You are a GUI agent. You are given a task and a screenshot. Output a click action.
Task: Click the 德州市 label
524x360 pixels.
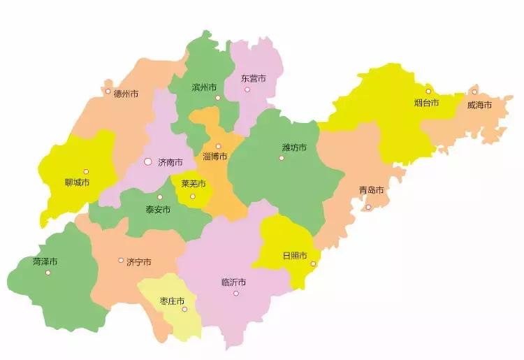[126, 94]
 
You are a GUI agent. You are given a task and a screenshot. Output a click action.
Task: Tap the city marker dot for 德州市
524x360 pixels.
[108, 92]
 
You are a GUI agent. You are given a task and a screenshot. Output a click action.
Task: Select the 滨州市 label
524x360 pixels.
[204, 88]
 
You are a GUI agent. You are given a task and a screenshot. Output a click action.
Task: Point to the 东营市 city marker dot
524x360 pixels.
[247, 90]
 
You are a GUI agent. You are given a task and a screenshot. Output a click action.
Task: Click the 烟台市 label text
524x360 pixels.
[426, 103]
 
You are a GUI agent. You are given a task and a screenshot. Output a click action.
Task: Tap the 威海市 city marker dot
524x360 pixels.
[474, 92]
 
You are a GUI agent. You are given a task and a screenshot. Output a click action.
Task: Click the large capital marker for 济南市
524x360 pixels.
[147, 161]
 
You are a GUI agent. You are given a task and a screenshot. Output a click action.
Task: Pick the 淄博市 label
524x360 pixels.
[215, 156]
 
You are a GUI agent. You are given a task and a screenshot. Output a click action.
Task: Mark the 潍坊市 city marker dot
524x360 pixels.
[282, 158]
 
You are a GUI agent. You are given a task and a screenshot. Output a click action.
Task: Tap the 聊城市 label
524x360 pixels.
[77, 182]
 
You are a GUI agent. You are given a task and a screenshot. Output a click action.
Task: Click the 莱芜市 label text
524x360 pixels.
[194, 185]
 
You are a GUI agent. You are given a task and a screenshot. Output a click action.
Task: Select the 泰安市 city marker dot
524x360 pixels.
[160, 197]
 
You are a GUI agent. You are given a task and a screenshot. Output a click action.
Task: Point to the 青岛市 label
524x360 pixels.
[372, 190]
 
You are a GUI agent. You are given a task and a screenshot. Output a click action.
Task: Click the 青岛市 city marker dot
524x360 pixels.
[368, 207]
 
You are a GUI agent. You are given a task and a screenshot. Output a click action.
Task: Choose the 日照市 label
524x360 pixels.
[294, 256]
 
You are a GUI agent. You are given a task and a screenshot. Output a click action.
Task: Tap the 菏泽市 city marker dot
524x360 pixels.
[48, 273]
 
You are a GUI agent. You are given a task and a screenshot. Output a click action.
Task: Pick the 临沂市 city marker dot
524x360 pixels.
[236, 294]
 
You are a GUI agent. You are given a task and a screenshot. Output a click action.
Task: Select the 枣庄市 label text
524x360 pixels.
[172, 301]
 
